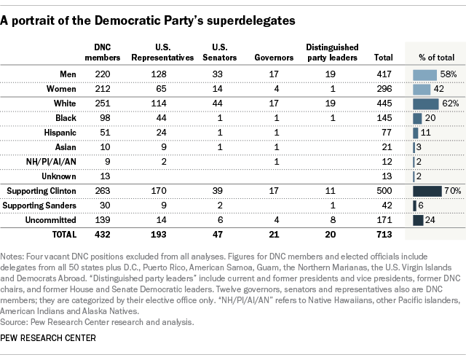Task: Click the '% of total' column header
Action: (x=435, y=58)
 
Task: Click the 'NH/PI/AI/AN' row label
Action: (x=52, y=162)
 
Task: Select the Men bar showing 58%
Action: (x=424, y=74)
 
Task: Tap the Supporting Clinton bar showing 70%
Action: (x=427, y=192)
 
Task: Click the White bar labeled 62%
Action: (x=425, y=103)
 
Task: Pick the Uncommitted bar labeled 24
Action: (x=418, y=221)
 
